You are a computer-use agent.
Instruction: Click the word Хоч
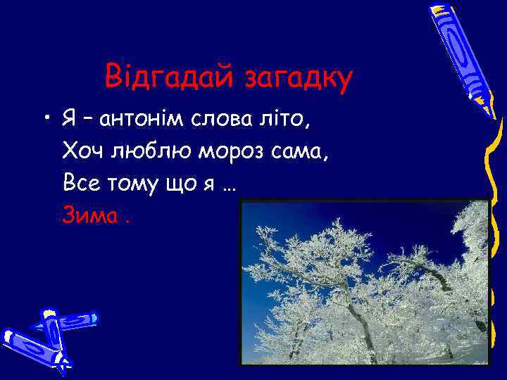click(82, 151)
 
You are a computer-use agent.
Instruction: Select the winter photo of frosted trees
click(365, 281)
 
